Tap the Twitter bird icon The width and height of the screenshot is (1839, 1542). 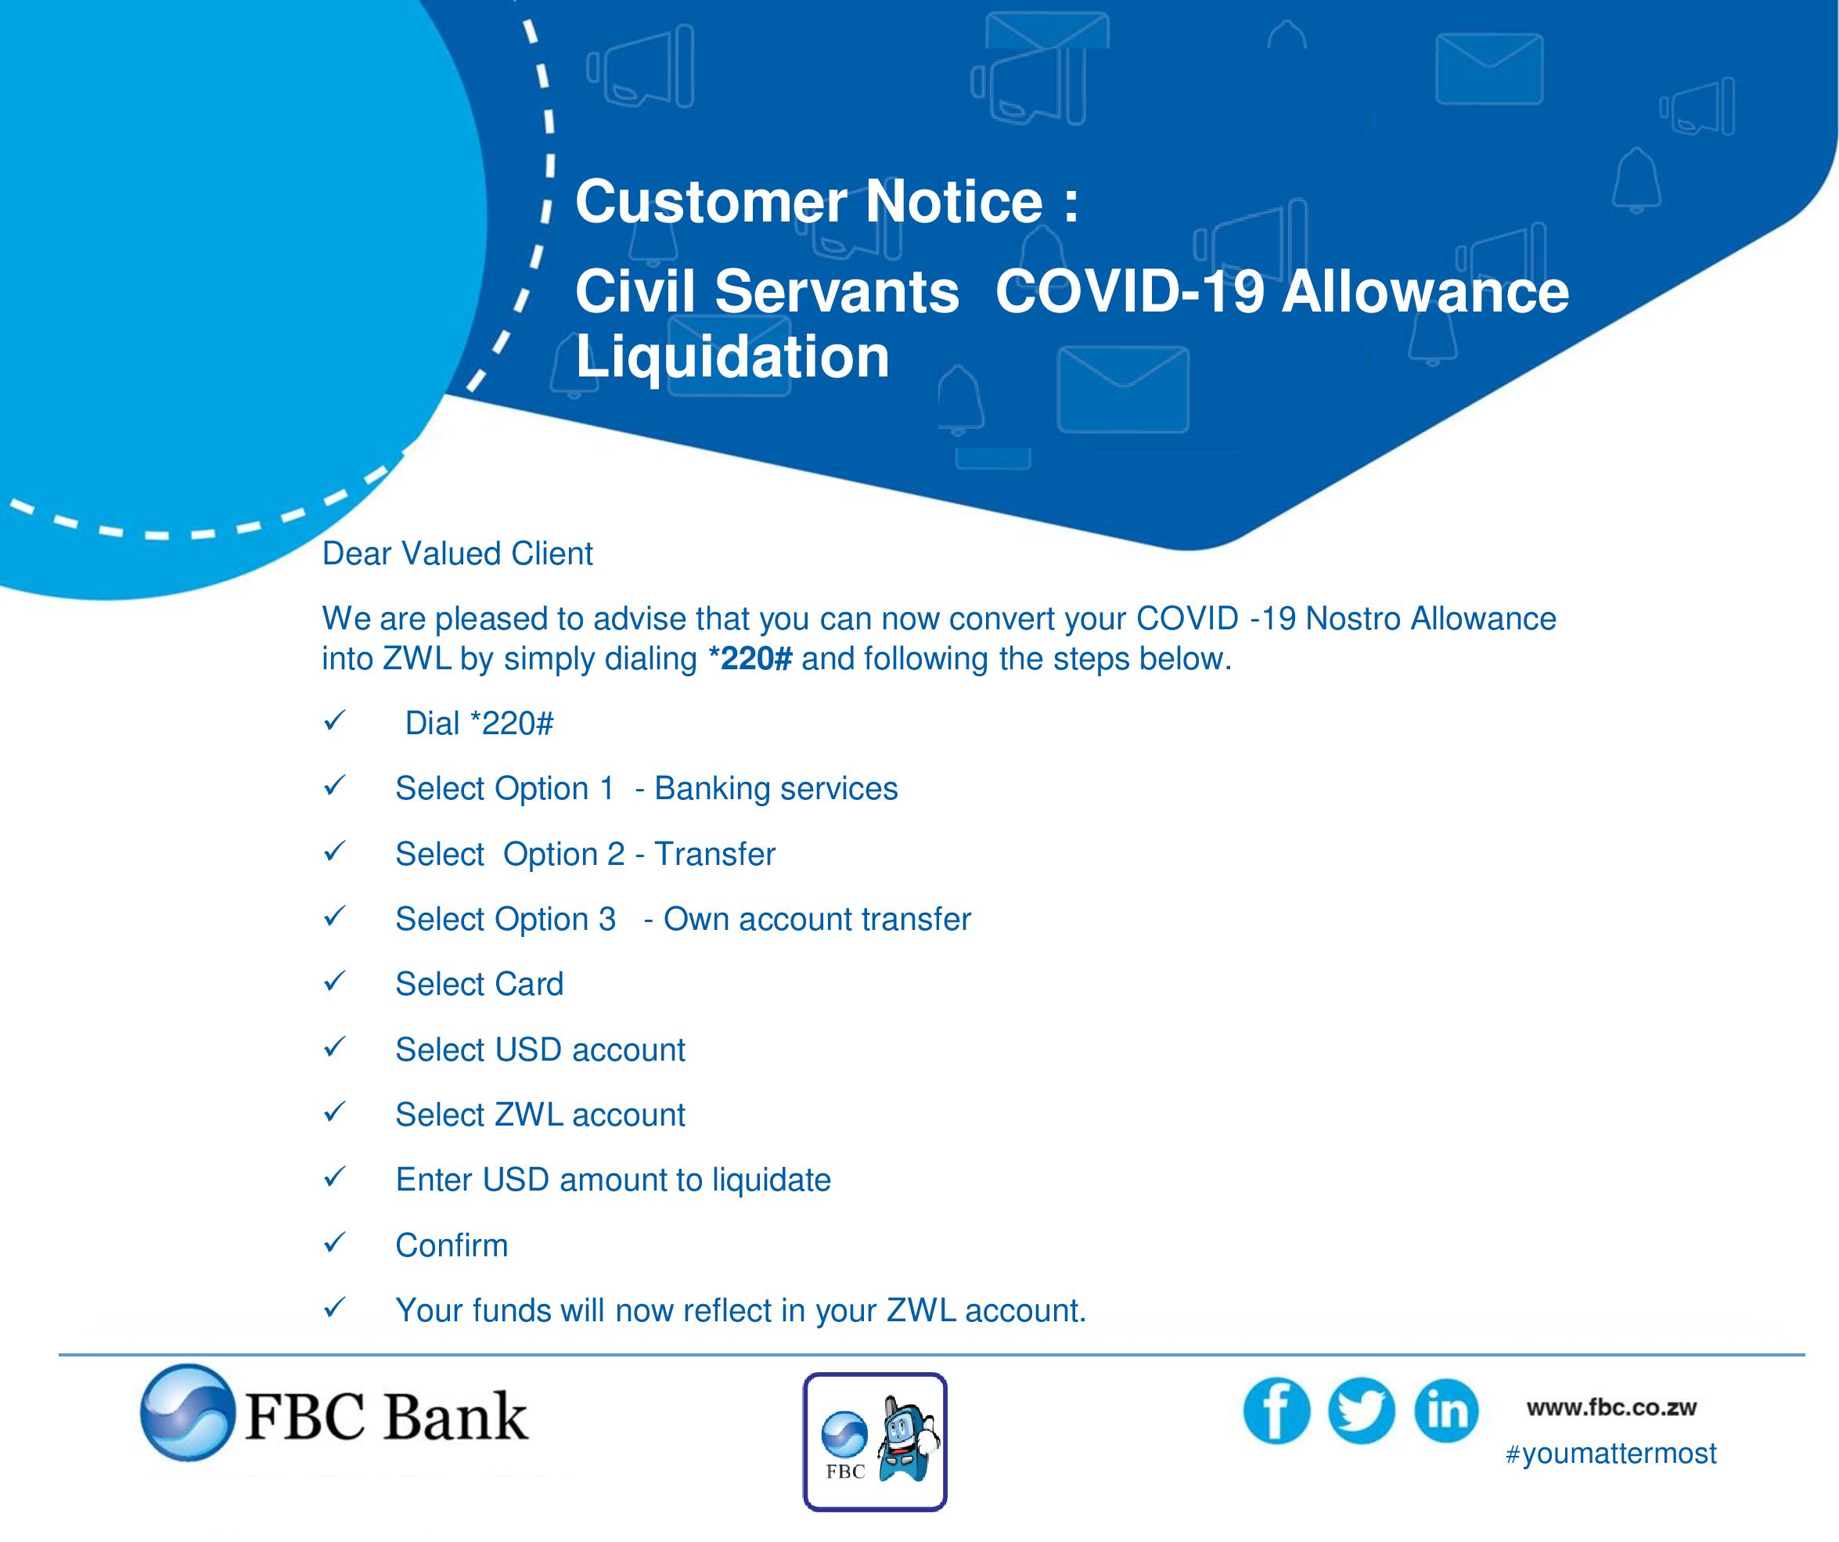click(1361, 1411)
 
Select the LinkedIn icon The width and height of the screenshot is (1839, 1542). click(1446, 1411)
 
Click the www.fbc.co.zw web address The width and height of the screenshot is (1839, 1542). click(1611, 1408)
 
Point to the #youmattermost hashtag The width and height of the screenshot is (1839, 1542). click(1610, 1454)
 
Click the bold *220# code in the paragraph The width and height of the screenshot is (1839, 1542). click(750, 658)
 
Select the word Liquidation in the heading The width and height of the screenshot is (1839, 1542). click(732, 357)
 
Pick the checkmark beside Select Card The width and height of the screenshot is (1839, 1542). click(333, 982)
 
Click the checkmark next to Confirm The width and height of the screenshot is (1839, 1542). click(333, 1242)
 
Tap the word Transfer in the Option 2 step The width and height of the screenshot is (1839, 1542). click(714, 853)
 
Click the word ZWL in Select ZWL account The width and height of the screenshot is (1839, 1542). click(528, 1115)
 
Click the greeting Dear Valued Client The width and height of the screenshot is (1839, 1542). click(457, 553)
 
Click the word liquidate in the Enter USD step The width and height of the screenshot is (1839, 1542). click(771, 1180)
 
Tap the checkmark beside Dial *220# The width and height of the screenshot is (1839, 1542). click(333, 721)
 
